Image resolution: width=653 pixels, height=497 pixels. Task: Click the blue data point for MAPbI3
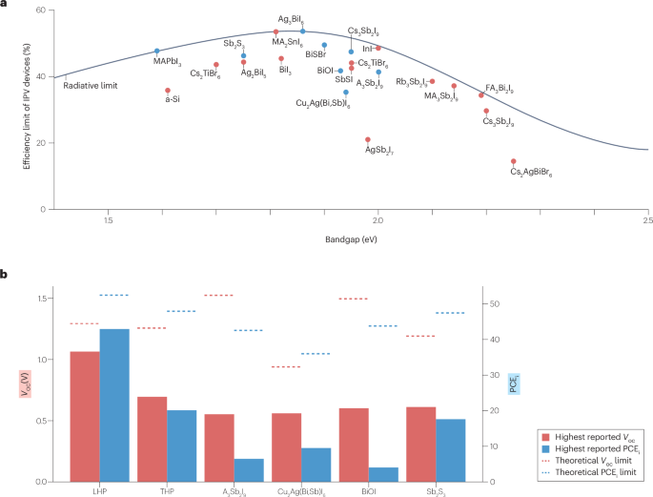[x=157, y=52]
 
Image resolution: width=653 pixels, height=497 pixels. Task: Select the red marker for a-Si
[x=168, y=91]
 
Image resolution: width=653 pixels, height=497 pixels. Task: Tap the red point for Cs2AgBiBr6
[x=514, y=162]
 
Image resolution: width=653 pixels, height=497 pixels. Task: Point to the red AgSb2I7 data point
[x=368, y=140]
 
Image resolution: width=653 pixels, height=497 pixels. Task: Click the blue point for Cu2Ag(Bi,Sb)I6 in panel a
[x=346, y=93]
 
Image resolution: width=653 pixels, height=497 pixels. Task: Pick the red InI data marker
[x=378, y=48]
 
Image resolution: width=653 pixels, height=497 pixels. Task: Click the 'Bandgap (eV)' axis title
[x=351, y=236]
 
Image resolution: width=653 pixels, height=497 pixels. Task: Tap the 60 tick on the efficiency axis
[x=45, y=10]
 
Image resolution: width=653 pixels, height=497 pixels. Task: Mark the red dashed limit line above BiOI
[x=354, y=299]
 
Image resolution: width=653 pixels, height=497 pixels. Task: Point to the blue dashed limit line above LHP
[x=114, y=295]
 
